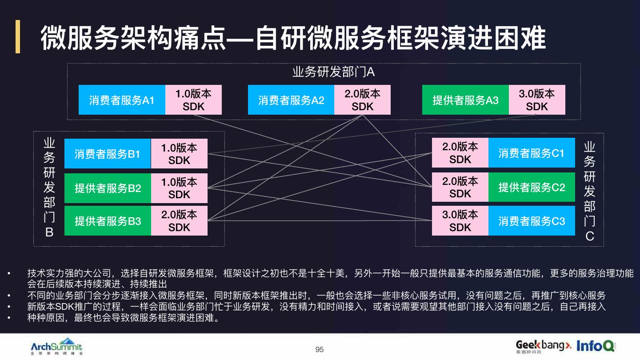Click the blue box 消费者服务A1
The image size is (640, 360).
tap(122, 100)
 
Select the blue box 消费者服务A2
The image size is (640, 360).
tap(291, 100)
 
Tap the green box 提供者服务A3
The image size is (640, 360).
tap(465, 100)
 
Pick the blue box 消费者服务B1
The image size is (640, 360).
tap(108, 154)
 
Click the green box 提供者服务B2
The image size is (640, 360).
tap(108, 188)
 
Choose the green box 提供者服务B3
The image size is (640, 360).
tap(108, 220)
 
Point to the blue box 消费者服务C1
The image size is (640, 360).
tap(531, 153)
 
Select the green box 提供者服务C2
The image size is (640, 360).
tap(531, 187)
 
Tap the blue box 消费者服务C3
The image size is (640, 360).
tap(531, 220)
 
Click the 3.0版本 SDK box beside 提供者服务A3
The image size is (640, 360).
tap(537, 100)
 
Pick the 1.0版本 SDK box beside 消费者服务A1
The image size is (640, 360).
tap(193, 100)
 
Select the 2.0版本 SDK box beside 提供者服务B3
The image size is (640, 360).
tap(179, 220)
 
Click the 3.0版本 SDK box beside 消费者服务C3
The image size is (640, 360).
tap(460, 220)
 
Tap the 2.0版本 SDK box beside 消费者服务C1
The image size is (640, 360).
tap(460, 153)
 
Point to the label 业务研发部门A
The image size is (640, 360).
tap(334, 72)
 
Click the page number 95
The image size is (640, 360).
tap(320, 350)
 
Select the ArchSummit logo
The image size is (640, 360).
tap(56, 346)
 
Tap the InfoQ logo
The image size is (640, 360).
tap(596, 345)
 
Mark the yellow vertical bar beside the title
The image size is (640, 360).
tap(18, 36)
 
